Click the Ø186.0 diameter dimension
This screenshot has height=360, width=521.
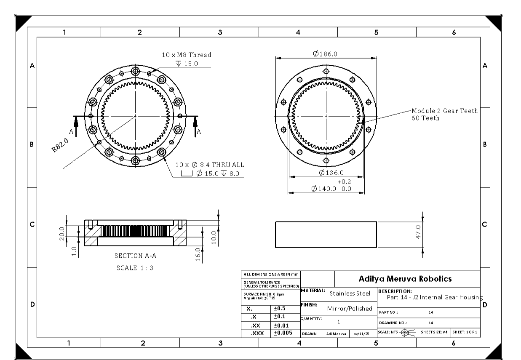point(325,54)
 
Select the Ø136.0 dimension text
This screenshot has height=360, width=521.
point(331,173)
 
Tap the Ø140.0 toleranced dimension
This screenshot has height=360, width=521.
point(331,189)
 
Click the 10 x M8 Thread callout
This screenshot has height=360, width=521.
point(187,55)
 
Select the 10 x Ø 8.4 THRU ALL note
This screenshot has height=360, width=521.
point(209,165)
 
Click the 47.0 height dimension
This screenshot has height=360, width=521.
point(418,232)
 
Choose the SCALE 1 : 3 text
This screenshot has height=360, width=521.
point(135,268)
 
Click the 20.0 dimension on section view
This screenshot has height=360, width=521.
point(61,232)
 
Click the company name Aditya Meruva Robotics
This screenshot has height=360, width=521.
point(405,279)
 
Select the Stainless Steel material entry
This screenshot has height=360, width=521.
point(350,293)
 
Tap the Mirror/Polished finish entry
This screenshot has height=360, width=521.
point(350,308)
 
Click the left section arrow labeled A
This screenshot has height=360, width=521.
point(76,126)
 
